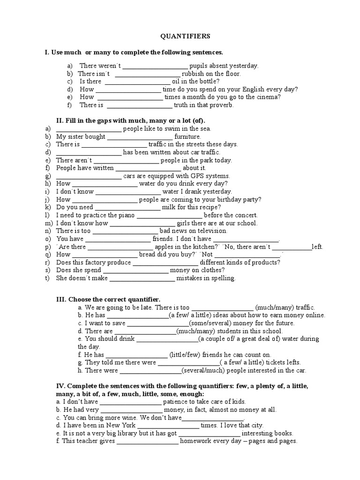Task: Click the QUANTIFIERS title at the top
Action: coord(180,36)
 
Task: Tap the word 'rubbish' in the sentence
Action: coord(193,74)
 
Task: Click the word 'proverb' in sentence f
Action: coord(222,105)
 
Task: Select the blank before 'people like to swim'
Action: coord(89,128)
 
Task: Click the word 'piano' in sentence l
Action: coord(112,215)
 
